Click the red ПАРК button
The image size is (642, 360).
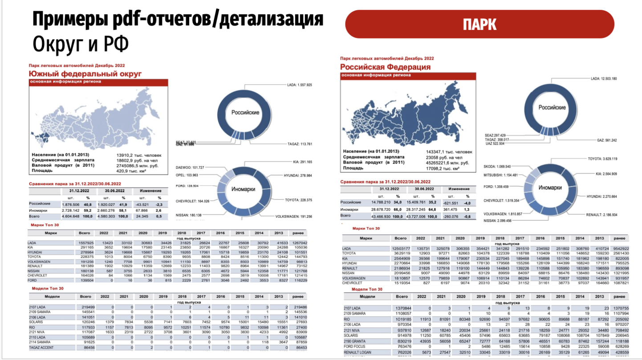479,24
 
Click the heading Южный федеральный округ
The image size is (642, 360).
85,74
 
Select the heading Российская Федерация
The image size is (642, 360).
386,67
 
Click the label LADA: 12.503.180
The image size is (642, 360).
603,78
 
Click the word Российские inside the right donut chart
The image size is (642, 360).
552,108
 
